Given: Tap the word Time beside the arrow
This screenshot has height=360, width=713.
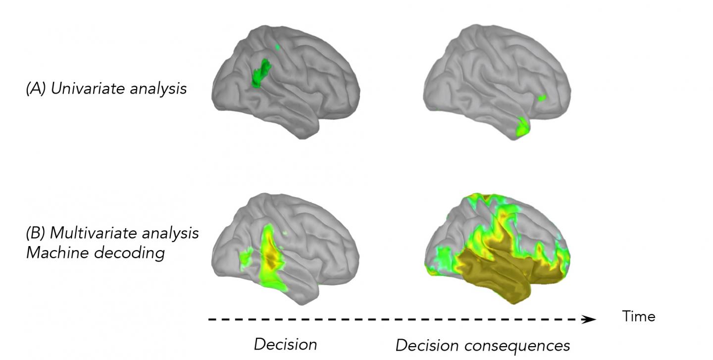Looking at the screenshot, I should (639, 316).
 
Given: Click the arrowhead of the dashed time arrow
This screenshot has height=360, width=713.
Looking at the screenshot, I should (589, 319).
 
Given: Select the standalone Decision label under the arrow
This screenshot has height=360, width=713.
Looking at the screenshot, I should (285, 344).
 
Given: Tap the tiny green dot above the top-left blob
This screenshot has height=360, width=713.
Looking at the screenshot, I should (278, 47).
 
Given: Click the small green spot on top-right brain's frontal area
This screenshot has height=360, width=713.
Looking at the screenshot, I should (542, 98).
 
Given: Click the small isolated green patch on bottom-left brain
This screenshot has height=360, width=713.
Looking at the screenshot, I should (246, 257).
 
